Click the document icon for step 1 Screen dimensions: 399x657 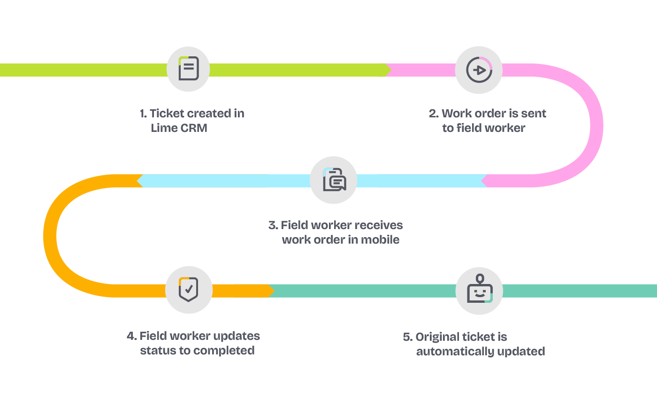pos(189,69)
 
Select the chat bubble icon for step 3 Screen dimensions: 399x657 pos(334,180)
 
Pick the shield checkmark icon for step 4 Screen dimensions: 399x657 pos(189,289)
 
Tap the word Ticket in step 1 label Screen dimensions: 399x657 pos(167,113)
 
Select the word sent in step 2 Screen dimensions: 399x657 pos(533,113)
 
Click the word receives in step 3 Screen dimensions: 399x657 pos(379,225)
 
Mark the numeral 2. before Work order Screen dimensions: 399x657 pos(434,113)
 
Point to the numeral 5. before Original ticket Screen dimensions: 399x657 pos(407,337)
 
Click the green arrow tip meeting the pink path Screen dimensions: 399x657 pos(389,70)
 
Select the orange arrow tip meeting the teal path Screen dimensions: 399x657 pos(272,291)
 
